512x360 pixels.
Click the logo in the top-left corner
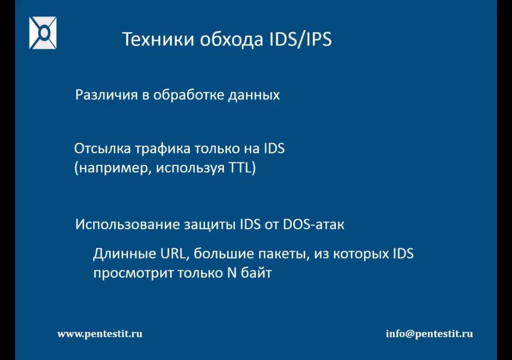43,33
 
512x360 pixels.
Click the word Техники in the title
158,39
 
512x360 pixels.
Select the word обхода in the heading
232,39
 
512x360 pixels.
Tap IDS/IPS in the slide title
300,39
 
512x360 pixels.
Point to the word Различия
107,95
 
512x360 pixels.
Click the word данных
254,95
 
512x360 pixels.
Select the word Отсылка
102,148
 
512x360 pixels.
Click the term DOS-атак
313,224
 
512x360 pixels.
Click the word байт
256,273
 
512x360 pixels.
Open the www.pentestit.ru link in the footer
100,334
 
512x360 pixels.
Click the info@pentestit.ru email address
429,334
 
